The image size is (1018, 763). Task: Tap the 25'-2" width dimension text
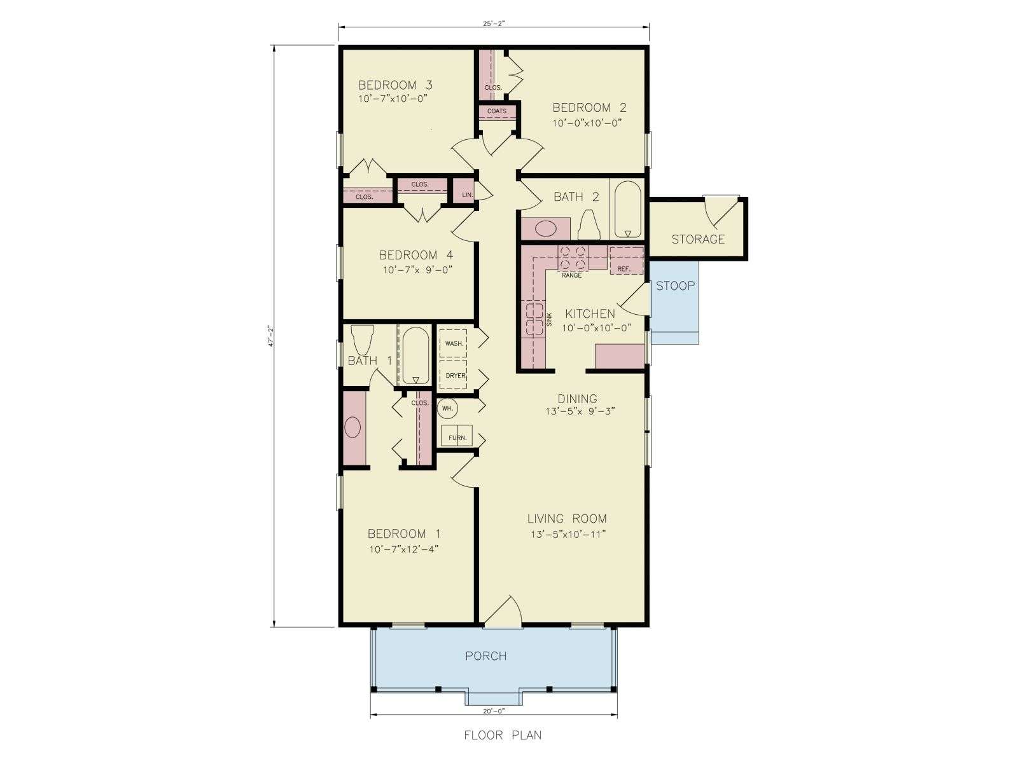click(x=493, y=24)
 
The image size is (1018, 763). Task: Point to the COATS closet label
click(x=497, y=111)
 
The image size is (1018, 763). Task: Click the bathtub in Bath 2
click(x=627, y=209)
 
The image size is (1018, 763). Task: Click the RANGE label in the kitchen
click(x=571, y=275)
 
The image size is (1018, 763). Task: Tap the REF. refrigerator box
click(x=627, y=261)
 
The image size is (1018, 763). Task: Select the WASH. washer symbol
click(x=453, y=343)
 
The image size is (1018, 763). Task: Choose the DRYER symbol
click(x=453, y=375)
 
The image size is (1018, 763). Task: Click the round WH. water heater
click(x=447, y=409)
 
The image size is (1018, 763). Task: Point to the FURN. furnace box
click(x=456, y=436)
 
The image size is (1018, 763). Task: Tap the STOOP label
click(x=675, y=286)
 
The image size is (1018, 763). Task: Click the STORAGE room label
click(x=697, y=240)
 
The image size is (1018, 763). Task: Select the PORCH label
click(x=485, y=656)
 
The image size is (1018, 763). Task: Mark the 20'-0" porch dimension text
click(x=493, y=711)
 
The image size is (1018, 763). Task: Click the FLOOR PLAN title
click(x=503, y=735)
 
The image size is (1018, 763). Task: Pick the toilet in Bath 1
click(x=363, y=340)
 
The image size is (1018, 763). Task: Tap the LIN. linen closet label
click(x=468, y=195)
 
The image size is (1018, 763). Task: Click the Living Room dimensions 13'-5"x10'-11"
click(x=568, y=535)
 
